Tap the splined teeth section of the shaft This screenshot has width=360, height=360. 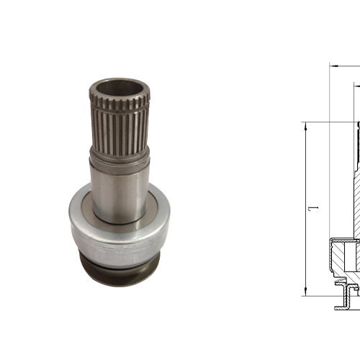[119, 122]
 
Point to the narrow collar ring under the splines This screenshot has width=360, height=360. [119, 153]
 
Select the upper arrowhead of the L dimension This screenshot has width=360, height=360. [306, 125]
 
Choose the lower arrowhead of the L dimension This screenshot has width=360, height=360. [306, 292]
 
